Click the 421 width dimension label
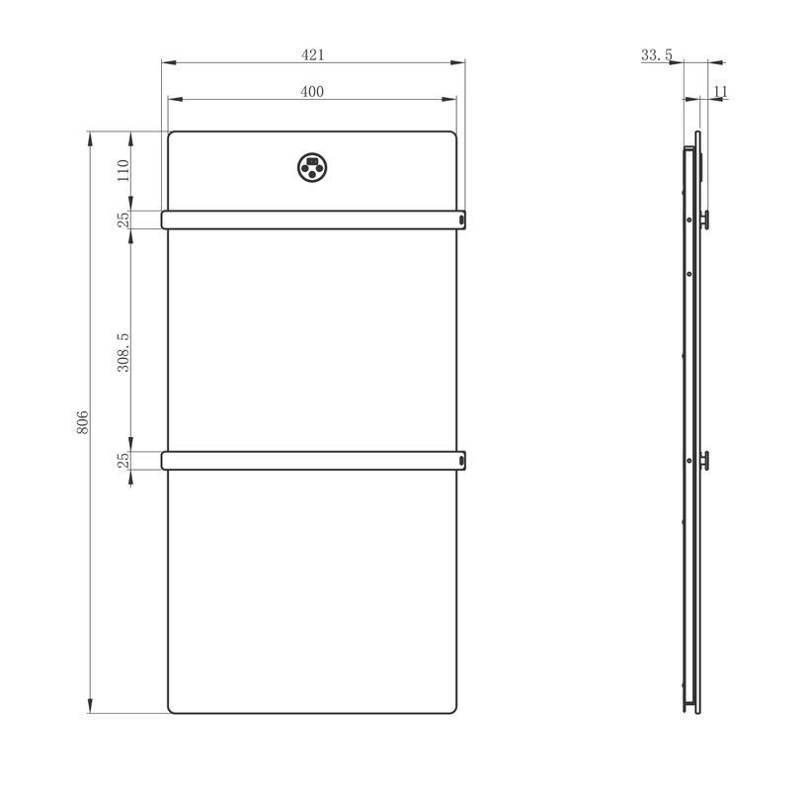(x=313, y=54)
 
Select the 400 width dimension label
(x=312, y=91)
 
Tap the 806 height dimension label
(x=83, y=422)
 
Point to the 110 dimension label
(x=122, y=170)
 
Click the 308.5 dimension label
(x=122, y=352)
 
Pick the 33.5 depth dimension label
(x=656, y=54)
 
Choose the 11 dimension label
(x=720, y=91)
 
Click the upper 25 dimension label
(x=123, y=220)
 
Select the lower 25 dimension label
(x=123, y=460)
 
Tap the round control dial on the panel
(x=312, y=167)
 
